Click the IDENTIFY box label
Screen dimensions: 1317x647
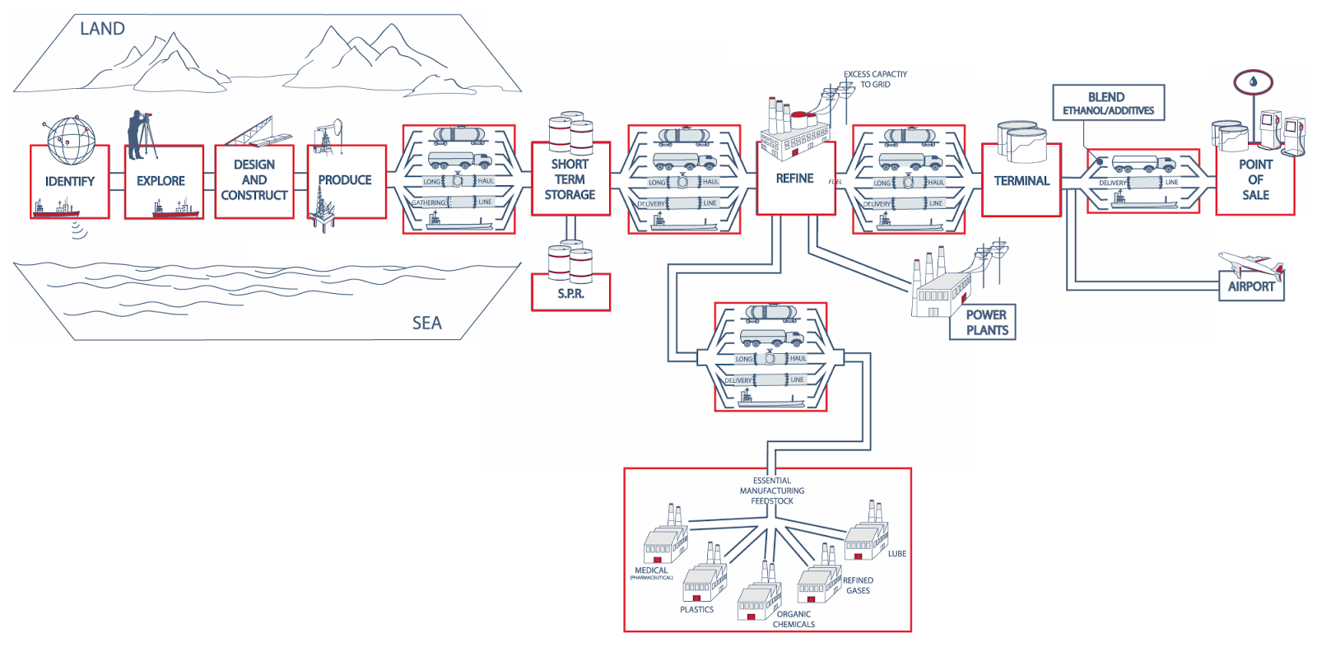(x=70, y=181)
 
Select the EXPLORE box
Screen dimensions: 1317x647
(x=161, y=181)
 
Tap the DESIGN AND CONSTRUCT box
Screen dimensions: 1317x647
(x=254, y=180)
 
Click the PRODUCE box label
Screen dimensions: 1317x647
(x=345, y=180)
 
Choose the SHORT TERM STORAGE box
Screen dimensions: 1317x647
(x=570, y=179)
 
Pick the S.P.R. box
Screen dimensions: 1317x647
(x=570, y=294)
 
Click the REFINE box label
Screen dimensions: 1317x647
(x=794, y=178)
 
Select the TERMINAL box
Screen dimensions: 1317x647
(x=1021, y=181)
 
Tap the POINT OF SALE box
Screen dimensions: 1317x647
(x=1255, y=179)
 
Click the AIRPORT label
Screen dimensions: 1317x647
(x=1251, y=286)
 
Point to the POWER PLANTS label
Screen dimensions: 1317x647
(x=987, y=322)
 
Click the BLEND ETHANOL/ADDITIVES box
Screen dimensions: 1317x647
(x=1109, y=104)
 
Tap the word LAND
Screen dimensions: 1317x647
(x=102, y=29)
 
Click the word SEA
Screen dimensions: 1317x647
(x=426, y=323)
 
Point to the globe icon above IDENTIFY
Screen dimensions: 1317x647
(x=70, y=140)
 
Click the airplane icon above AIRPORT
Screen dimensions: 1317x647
(x=1250, y=264)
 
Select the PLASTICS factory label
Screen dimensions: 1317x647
(x=697, y=610)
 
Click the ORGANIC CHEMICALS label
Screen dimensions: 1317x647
(x=794, y=619)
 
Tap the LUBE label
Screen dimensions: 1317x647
(x=896, y=553)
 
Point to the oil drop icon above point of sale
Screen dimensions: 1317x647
(x=1253, y=81)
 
